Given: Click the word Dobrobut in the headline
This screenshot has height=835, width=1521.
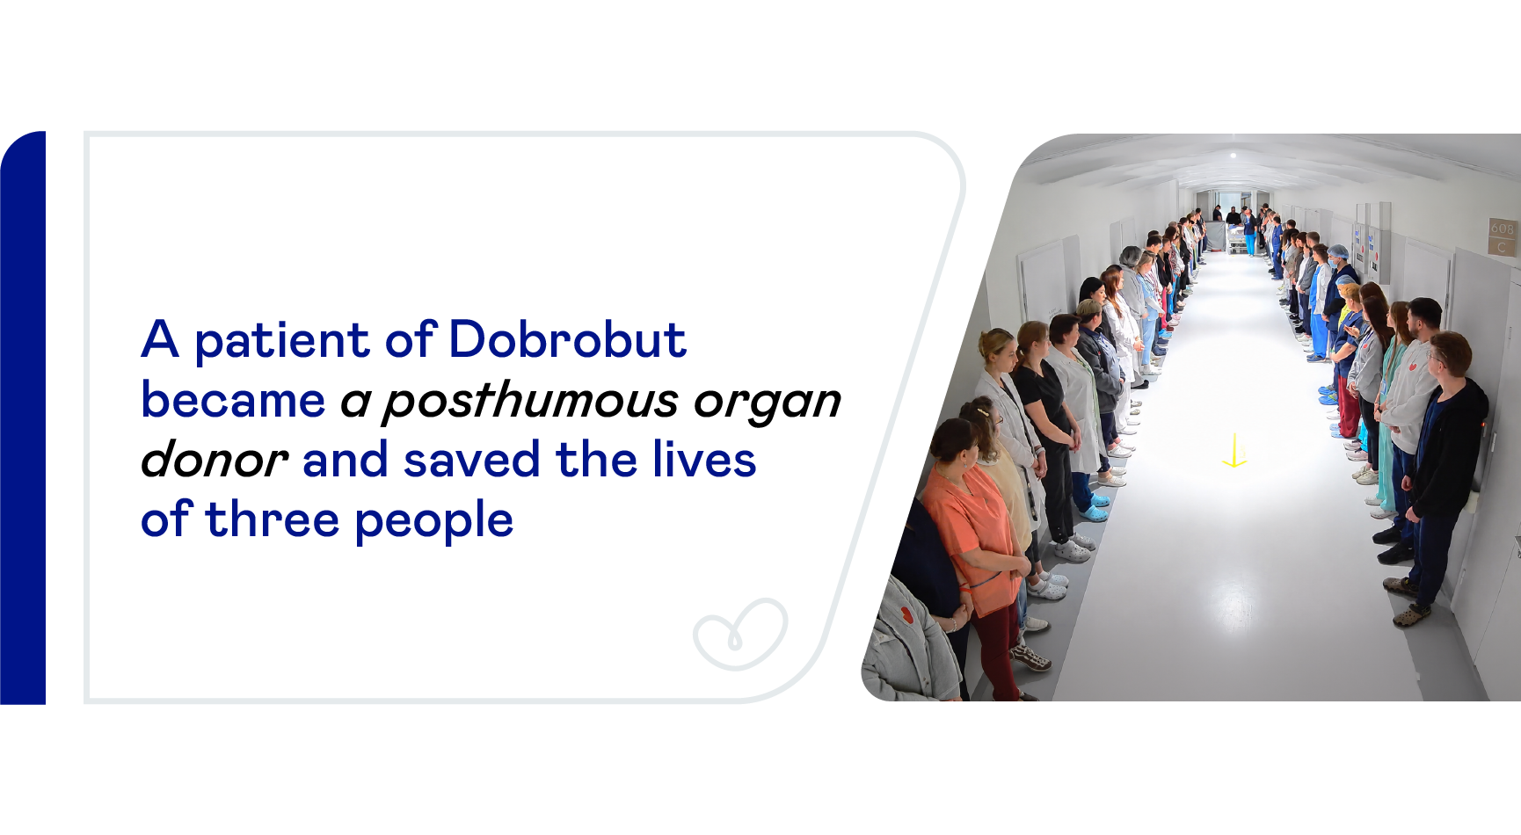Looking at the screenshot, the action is [567, 339].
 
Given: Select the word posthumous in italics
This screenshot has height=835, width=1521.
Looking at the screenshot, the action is [531, 401].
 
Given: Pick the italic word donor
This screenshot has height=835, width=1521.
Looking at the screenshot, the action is [214, 460].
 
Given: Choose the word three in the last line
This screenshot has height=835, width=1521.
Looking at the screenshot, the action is [272, 519].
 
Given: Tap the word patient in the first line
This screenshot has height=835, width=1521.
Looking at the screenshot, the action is [281, 341].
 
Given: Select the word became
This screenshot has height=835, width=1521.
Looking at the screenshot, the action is [233, 400].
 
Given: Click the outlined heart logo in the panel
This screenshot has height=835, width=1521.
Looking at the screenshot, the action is [740, 635].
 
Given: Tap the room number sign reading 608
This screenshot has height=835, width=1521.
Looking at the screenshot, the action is [1502, 229].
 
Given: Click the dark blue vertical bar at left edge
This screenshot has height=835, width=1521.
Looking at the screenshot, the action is [23, 417].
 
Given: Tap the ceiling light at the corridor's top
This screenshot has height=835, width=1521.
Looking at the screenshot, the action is [1234, 155].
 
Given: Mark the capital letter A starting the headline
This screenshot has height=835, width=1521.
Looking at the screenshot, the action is [161, 339].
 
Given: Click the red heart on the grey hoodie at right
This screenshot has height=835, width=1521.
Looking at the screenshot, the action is [1412, 367].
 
